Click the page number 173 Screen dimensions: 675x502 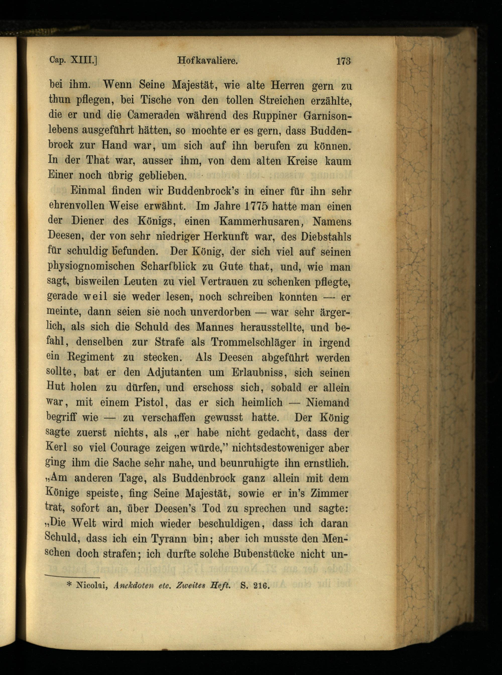coord(343,61)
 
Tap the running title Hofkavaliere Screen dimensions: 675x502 coord(207,61)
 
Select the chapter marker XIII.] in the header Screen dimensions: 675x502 coord(84,61)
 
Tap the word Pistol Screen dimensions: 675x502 coord(150,403)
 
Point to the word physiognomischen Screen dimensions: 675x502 coord(91,267)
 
